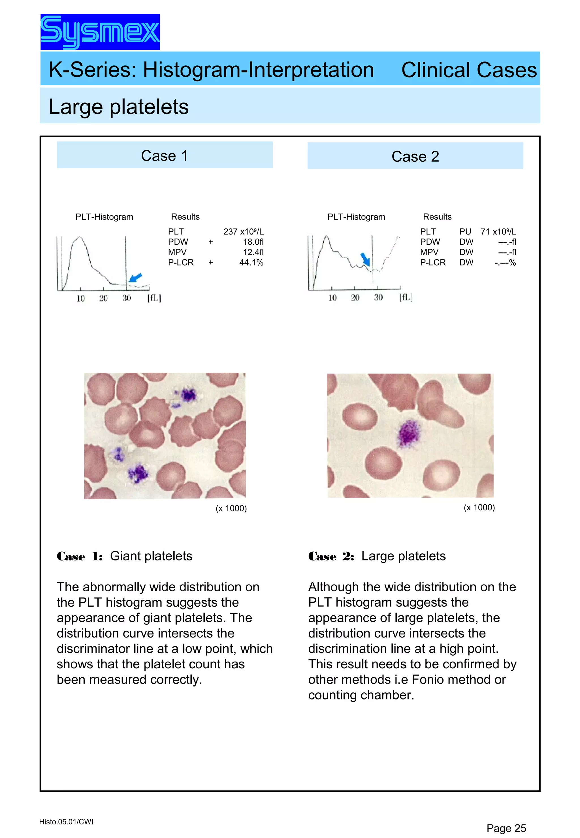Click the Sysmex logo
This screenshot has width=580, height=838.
tap(100, 32)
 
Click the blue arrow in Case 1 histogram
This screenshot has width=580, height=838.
tap(136, 278)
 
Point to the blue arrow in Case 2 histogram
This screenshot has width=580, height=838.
tap(365, 259)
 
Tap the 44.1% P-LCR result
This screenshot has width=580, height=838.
tap(251, 262)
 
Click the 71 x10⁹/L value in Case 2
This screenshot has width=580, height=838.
tap(498, 231)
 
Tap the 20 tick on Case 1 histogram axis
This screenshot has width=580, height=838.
tap(104, 298)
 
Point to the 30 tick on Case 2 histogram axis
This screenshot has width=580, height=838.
tap(378, 298)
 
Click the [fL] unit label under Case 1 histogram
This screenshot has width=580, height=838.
tap(154, 298)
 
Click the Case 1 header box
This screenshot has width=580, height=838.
tap(165, 155)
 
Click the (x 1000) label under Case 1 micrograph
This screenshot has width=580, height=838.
tap(231, 508)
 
